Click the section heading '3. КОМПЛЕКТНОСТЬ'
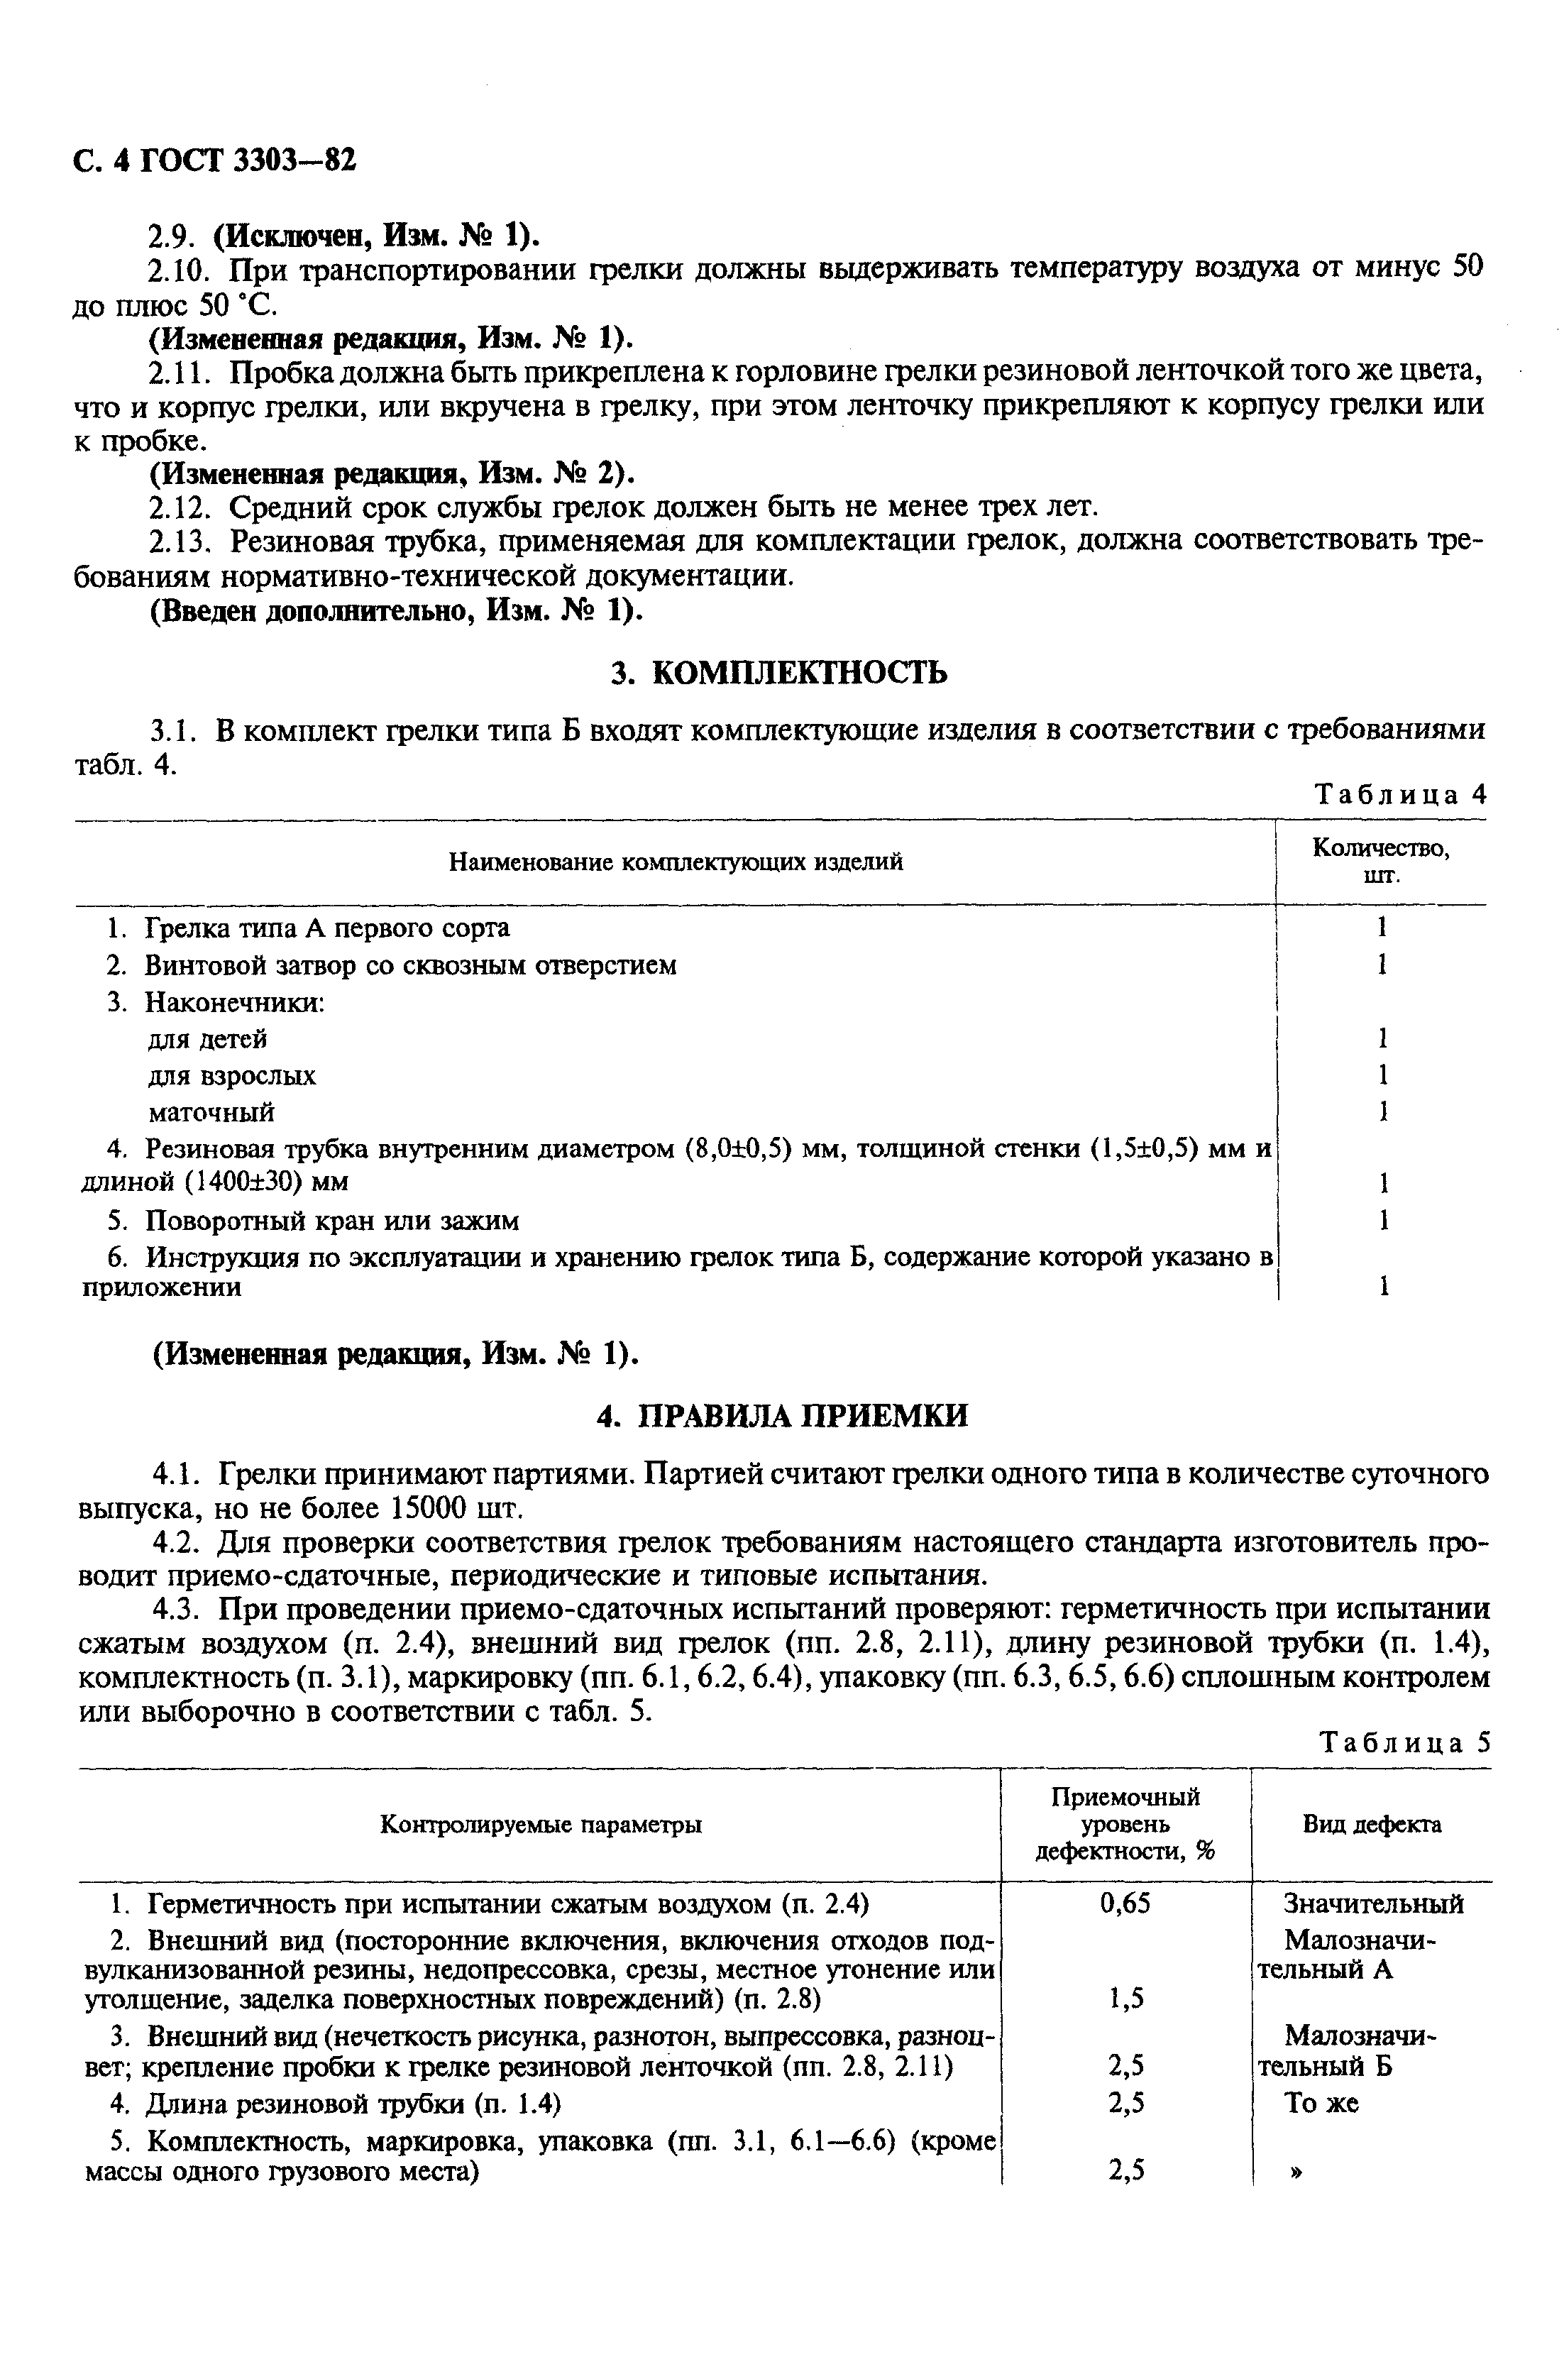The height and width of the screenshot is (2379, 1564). click(x=779, y=673)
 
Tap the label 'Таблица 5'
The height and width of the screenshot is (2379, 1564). click(x=1404, y=1742)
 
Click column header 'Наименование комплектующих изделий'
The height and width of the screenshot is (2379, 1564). click(x=676, y=862)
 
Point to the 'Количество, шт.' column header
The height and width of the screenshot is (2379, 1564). click(x=1380, y=861)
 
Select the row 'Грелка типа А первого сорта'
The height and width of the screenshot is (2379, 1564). click(x=327, y=928)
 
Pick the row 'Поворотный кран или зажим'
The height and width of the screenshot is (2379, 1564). click(x=332, y=1221)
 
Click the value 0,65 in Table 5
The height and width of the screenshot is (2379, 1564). click(x=1125, y=1903)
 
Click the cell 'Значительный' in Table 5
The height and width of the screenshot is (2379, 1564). click(x=1373, y=1903)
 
